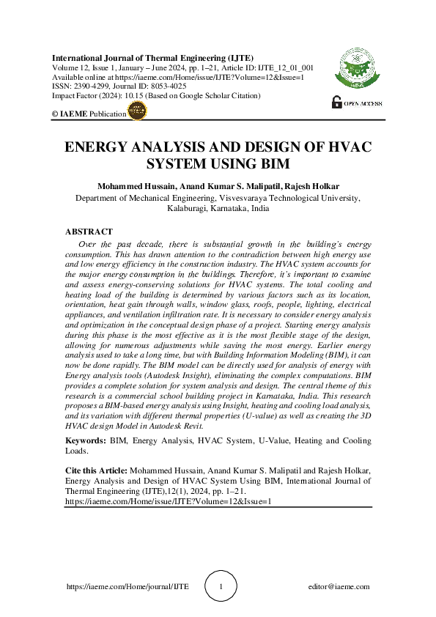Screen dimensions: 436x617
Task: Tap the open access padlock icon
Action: [336, 103]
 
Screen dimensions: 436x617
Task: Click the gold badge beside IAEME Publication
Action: [137, 111]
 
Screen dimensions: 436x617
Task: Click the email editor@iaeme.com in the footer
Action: [339, 587]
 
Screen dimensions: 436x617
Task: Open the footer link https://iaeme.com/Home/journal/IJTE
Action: [128, 587]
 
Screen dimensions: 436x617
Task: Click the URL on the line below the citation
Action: [169, 501]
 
